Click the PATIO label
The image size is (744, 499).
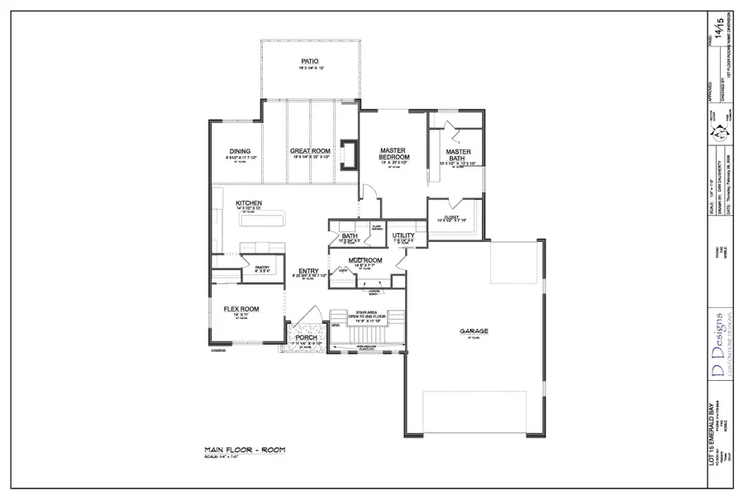(310, 61)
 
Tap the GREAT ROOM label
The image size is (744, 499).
(310, 151)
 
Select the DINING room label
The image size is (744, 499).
(240, 151)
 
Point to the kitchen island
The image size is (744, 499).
(262, 218)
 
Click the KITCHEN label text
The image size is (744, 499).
(249, 203)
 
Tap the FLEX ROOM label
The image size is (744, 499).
(241, 309)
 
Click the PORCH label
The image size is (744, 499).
(307, 337)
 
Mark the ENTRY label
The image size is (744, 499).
(308, 271)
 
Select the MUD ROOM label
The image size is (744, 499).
(363, 260)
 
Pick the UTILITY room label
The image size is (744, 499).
(403, 235)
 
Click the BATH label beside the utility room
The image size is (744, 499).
(350, 236)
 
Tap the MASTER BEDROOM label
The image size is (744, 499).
(393, 154)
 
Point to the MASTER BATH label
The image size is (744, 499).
(458, 155)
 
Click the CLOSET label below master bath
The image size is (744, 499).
(452, 216)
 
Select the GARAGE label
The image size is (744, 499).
(475, 331)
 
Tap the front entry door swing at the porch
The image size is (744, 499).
(309, 317)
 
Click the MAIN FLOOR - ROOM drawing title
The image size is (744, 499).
(246, 449)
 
